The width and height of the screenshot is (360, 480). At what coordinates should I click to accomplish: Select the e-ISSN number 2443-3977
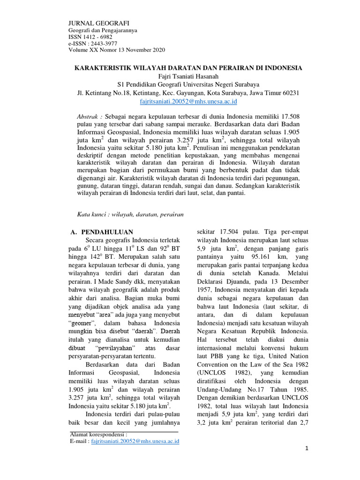point(103,43)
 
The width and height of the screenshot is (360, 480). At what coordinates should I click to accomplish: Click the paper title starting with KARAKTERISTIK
point(189,68)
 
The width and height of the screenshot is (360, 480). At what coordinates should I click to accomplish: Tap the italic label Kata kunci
point(91,214)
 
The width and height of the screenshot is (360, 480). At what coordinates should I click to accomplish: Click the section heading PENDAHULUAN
point(107,232)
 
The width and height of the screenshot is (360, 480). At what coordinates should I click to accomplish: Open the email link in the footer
point(135,441)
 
